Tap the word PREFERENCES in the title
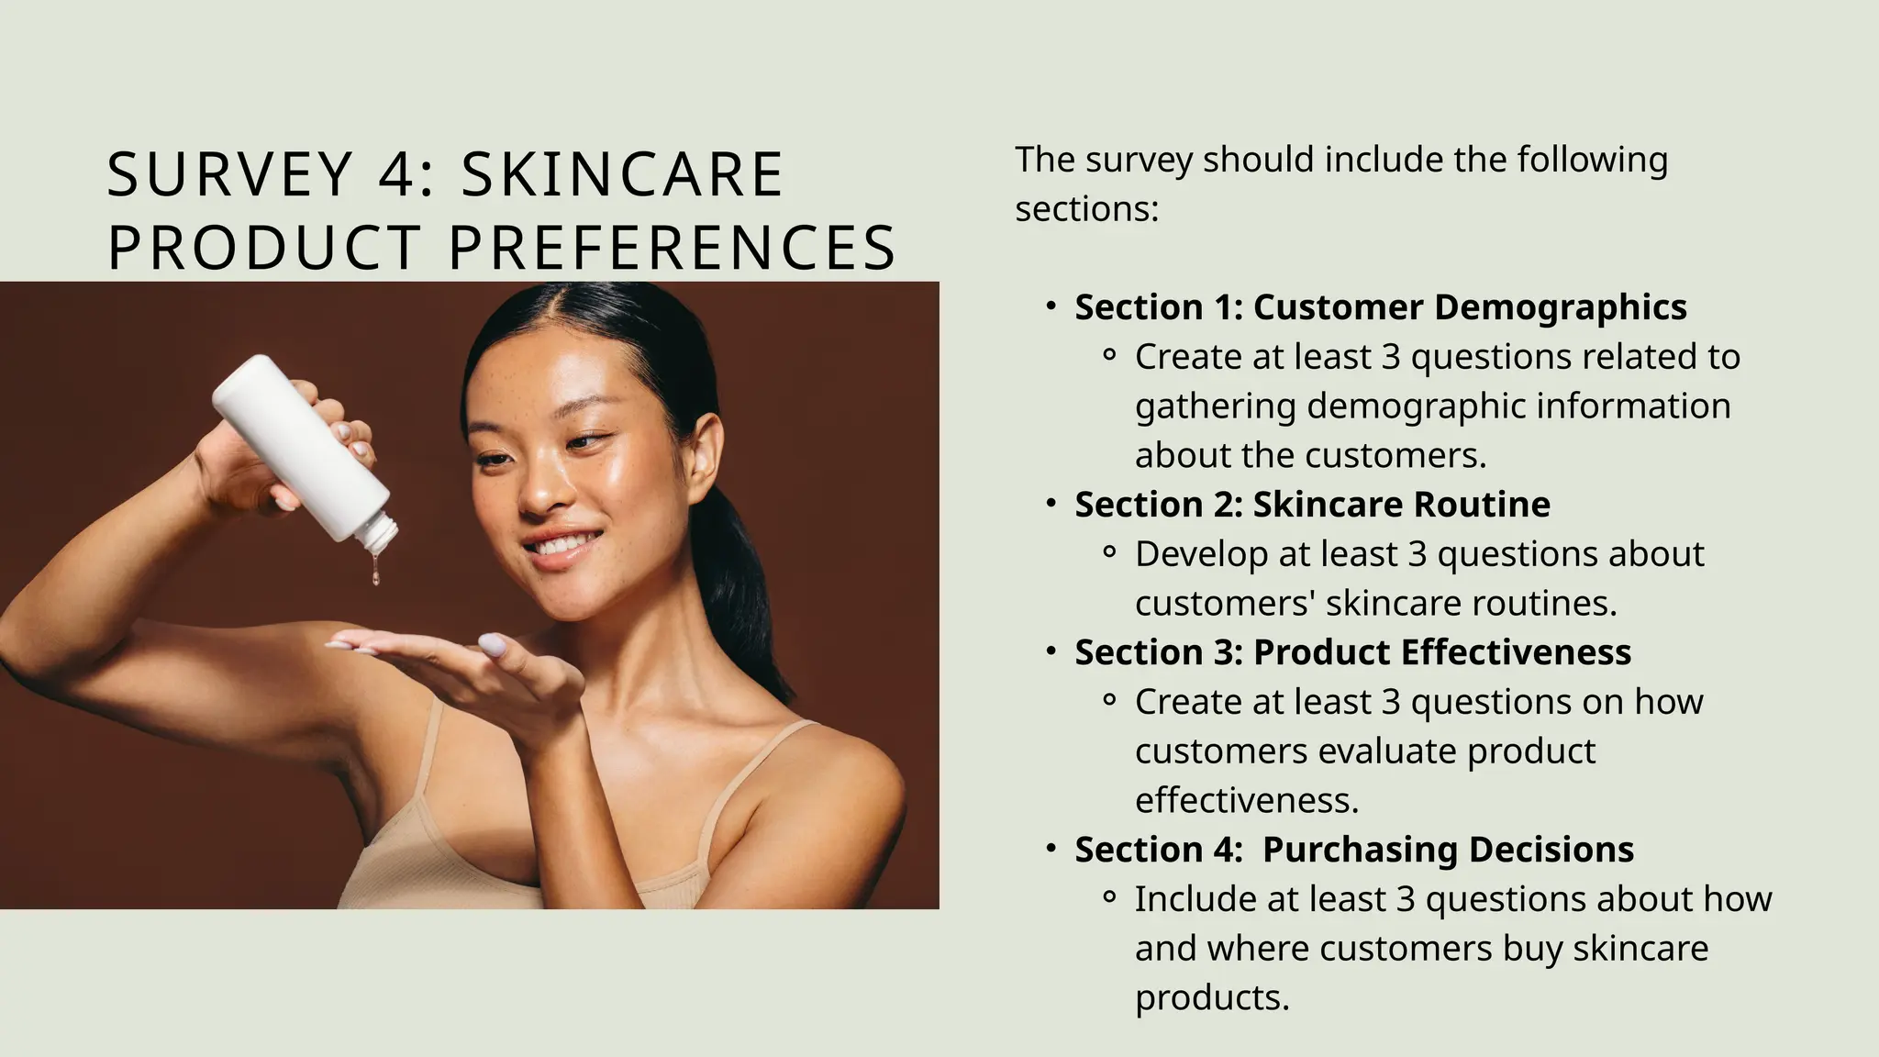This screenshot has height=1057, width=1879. tap(672, 248)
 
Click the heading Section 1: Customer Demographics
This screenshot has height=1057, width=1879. tap(1380, 307)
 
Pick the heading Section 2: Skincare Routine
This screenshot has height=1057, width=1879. tap(1312, 505)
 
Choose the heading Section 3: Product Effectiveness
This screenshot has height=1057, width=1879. tap(1352, 652)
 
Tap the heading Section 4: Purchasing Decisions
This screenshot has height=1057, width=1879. tap(1354, 850)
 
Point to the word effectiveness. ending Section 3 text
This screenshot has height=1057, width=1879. tap(1246, 801)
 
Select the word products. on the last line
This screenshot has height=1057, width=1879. tap(1212, 998)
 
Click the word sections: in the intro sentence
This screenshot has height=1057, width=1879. tap(1086, 209)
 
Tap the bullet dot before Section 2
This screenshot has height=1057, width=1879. tap(1051, 504)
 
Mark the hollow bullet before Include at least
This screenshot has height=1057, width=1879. tap(1110, 898)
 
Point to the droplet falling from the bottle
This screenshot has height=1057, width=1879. tap(376, 575)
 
